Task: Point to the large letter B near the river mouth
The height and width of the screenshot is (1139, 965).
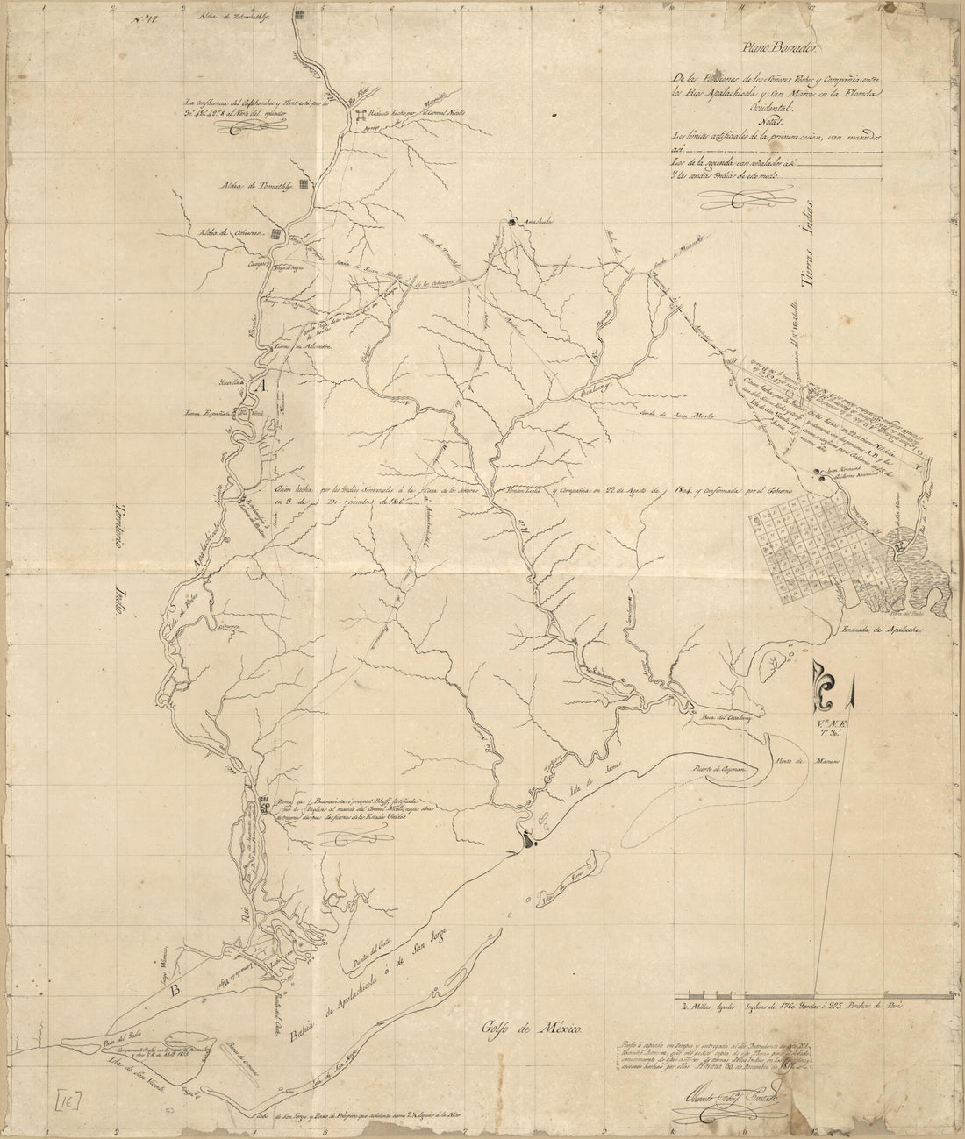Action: tap(175, 991)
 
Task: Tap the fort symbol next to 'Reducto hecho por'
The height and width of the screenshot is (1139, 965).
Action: tap(361, 116)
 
